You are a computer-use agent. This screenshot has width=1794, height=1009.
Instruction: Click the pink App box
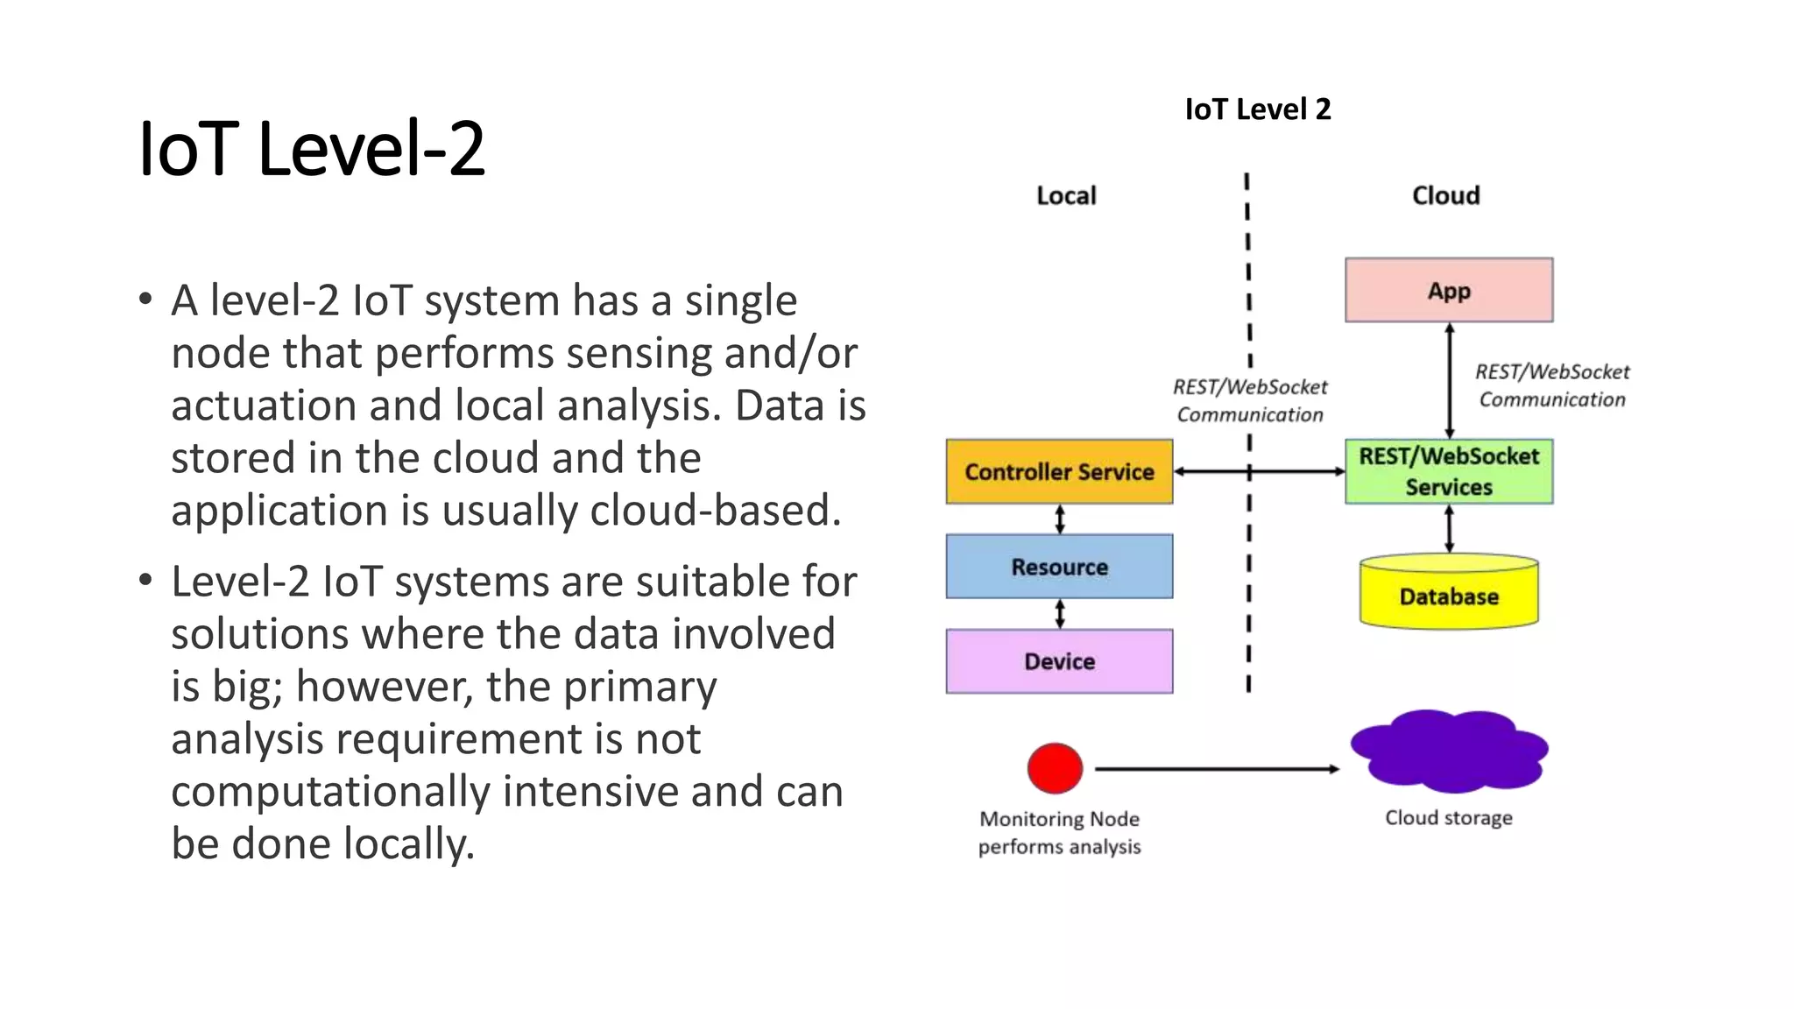[1449, 290]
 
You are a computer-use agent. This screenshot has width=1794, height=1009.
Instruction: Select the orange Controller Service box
[1059, 471]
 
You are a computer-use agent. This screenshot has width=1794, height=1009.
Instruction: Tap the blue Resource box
[1059, 567]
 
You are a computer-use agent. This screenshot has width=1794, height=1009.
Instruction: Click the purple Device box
[1059, 661]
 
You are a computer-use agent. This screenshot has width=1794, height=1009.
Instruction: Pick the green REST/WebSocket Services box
[1449, 471]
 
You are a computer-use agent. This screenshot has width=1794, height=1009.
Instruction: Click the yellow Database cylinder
[1449, 596]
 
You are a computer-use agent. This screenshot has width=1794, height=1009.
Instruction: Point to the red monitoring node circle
[1055, 768]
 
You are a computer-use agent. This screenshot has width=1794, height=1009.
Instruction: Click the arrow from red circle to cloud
[1218, 769]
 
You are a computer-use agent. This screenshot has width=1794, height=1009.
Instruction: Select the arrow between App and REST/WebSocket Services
[1450, 381]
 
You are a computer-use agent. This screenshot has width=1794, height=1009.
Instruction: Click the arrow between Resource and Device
[1060, 613]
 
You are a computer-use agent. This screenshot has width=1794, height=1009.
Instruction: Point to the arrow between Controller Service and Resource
[1060, 519]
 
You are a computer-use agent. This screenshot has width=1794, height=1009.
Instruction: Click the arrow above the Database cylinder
[1449, 528]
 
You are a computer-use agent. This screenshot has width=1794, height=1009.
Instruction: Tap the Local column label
[1066, 195]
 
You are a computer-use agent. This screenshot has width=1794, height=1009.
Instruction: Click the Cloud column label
[1445, 195]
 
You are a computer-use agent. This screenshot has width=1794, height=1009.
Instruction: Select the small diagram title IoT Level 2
[1258, 109]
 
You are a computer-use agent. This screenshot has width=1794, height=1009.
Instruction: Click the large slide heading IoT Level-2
[312, 149]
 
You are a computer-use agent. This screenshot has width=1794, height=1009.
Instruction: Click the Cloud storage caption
[1448, 817]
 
